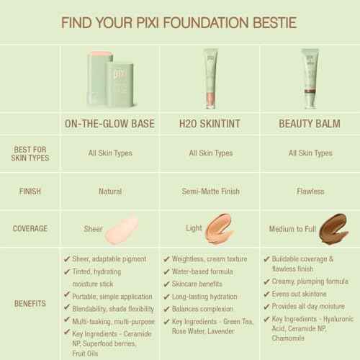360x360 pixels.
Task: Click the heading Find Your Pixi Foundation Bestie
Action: click(x=180, y=17)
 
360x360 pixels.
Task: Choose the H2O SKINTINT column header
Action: click(x=210, y=122)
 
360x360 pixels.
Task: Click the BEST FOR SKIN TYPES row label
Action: click(x=31, y=153)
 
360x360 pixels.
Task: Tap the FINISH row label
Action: click(x=31, y=192)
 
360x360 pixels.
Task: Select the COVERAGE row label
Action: click(x=31, y=228)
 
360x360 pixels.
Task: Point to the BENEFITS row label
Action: click(x=31, y=304)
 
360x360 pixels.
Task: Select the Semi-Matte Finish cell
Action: click(x=210, y=192)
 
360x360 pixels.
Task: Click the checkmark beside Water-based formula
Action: click(x=167, y=271)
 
